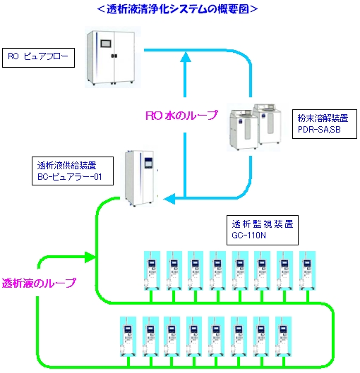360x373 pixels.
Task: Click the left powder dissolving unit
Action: pos(244,134)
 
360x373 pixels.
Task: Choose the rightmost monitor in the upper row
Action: pos(306,269)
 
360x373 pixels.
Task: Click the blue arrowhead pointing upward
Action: pos(186,62)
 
